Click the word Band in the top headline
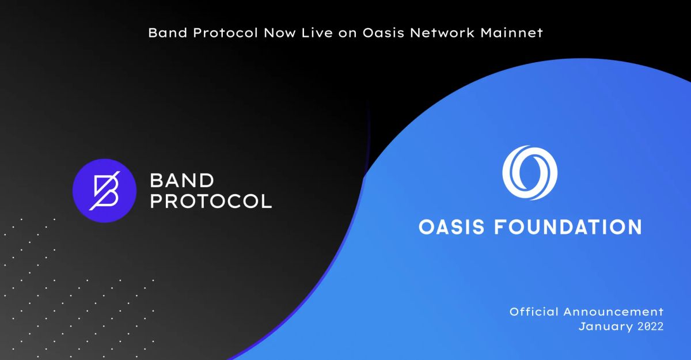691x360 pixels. click(x=166, y=33)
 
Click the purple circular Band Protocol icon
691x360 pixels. click(x=101, y=190)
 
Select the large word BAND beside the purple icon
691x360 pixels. click(x=181, y=181)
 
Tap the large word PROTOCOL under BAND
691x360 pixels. click(x=210, y=202)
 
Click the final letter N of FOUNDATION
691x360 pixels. click(x=633, y=226)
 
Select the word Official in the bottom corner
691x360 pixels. click(x=533, y=312)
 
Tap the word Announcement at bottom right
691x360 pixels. click(x=614, y=312)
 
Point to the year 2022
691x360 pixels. click(x=648, y=326)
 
